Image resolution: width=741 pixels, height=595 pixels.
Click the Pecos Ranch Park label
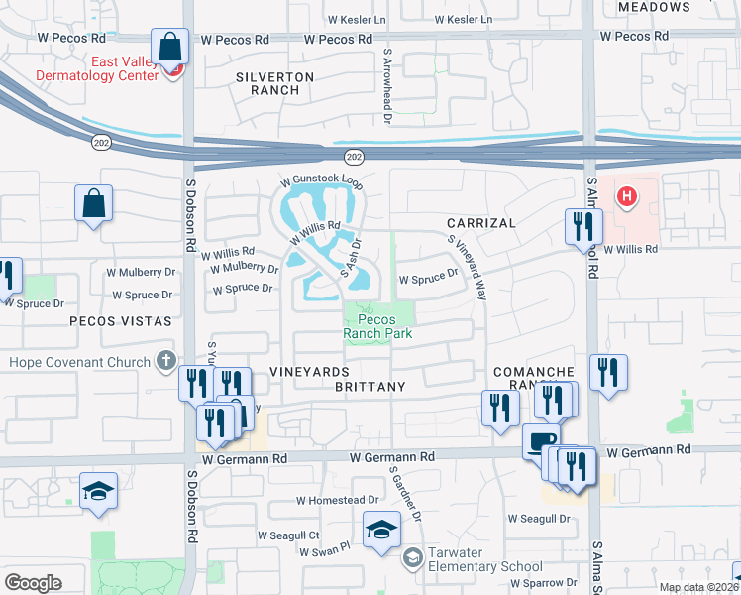(376, 327)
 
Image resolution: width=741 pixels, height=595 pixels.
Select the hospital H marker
(626, 196)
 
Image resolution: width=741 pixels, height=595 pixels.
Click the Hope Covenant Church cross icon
(166, 362)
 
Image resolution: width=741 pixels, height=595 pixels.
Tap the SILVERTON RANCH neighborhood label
(275, 83)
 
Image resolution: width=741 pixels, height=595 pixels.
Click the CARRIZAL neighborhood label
(480, 223)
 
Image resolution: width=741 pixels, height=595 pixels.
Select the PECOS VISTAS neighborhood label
(120, 321)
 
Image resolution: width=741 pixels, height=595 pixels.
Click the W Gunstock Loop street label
(321, 183)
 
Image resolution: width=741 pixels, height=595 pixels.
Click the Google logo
(33, 583)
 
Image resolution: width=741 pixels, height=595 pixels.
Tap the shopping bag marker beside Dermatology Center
(170, 46)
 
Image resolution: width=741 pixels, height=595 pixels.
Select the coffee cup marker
(541, 441)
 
